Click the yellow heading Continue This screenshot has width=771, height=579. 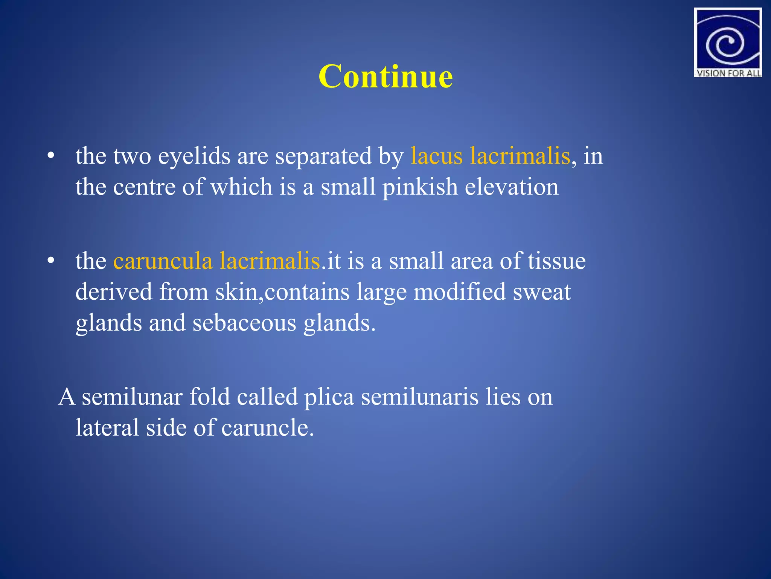click(x=385, y=77)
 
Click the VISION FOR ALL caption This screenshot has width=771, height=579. click(x=728, y=73)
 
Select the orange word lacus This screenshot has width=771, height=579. click(x=436, y=156)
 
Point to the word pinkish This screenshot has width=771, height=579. click(x=420, y=187)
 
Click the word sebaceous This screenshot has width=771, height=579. click(x=244, y=323)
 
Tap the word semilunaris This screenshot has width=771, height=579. click(x=420, y=397)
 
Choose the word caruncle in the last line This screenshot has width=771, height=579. click(x=267, y=428)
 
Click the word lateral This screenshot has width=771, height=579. click(x=107, y=428)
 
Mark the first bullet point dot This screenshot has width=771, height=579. click(x=51, y=156)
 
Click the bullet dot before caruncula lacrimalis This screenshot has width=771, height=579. click(x=51, y=261)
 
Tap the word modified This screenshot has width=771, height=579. click(x=460, y=292)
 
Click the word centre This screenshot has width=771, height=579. click(x=144, y=187)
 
